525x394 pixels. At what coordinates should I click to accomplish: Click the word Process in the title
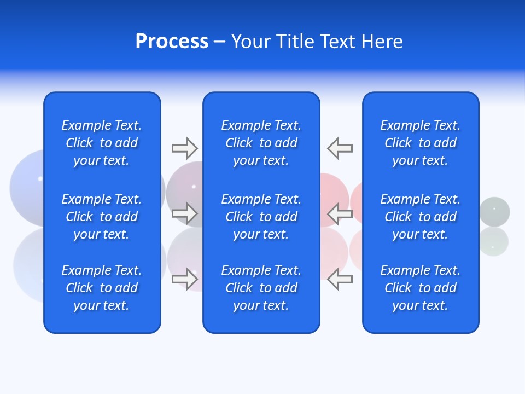pyautogui.click(x=172, y=42)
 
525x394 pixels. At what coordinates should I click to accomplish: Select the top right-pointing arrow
pyautogui.click(x=185, y=148)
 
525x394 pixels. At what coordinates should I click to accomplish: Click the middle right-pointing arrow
pyautogui.click(x=185, y=213)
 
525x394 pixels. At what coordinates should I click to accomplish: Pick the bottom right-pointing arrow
pyautogui.click(x=185, y=279)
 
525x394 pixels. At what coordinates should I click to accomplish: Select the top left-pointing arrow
pyautogui.click(x=340, y=148)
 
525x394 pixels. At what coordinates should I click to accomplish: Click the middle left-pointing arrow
pyautogui.click(x=340, y=213)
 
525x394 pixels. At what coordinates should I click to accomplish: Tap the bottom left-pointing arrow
pyautogui.click(x=340, y=279)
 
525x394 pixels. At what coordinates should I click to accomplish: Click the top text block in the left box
pyautogui.click(x=102, y=143)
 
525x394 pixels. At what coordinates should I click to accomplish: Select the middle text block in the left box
pyautogui.click(x=102, y=217)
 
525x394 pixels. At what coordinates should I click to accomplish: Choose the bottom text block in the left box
pyautogui.click(x=102, y=288)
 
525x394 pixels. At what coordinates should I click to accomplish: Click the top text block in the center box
pyautogui.click(x=261, y=143)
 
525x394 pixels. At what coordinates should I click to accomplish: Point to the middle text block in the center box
pyautogui.click(x=261, y=217)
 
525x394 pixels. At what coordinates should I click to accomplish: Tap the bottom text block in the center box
pyautogui.click(x=261, y=288)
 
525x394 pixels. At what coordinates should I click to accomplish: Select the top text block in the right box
pyautogui.click(x=420, y=143)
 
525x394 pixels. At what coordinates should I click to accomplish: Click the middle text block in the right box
pyautogui.click(x=420, y=217)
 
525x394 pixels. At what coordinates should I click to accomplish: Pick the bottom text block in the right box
pyautogui.click(x=420, y=288)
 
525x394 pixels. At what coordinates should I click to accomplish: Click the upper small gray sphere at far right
pyautogui.click(x=495, y=211)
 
